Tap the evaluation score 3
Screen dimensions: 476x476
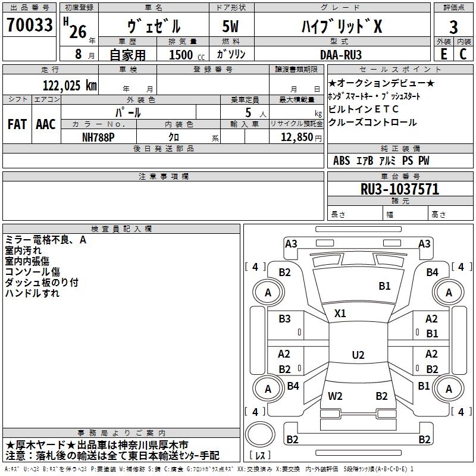453,27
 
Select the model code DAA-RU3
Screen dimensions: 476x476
336,54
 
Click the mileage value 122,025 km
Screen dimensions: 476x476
70,85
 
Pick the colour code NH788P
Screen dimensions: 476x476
98,137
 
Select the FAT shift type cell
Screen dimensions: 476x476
17,124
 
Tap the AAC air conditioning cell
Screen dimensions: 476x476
45,124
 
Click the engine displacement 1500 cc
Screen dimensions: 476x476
182,55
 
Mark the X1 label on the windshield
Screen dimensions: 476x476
340,313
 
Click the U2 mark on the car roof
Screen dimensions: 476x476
358,355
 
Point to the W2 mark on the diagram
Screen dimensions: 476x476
335,396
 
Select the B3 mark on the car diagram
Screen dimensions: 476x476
285,319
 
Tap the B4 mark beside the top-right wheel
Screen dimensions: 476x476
433,273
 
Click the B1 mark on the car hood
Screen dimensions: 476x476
385,286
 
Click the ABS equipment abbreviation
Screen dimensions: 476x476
342,161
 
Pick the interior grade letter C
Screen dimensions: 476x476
463,54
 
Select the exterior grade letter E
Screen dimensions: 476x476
443,54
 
